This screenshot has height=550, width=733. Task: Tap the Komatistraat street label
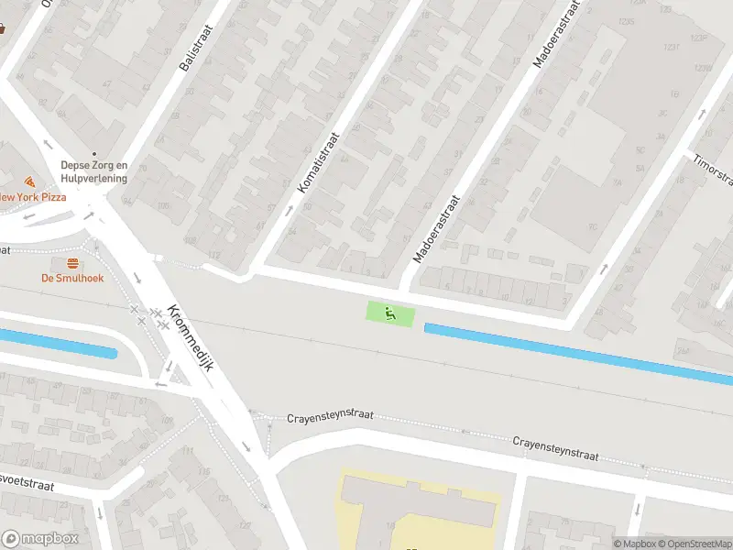pos(319,160)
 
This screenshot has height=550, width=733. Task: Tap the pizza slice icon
pos(29,181)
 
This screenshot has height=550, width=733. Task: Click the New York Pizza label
pos(33,197)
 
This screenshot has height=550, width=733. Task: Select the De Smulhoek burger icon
pos(71,263)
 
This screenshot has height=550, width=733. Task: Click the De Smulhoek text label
pos(71,278)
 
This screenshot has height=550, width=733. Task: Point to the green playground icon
pos(390,313)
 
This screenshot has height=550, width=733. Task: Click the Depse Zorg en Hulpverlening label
pos(93,171)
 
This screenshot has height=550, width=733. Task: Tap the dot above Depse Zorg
pos(93,154)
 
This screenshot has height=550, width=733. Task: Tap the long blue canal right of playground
pos(577,353)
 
